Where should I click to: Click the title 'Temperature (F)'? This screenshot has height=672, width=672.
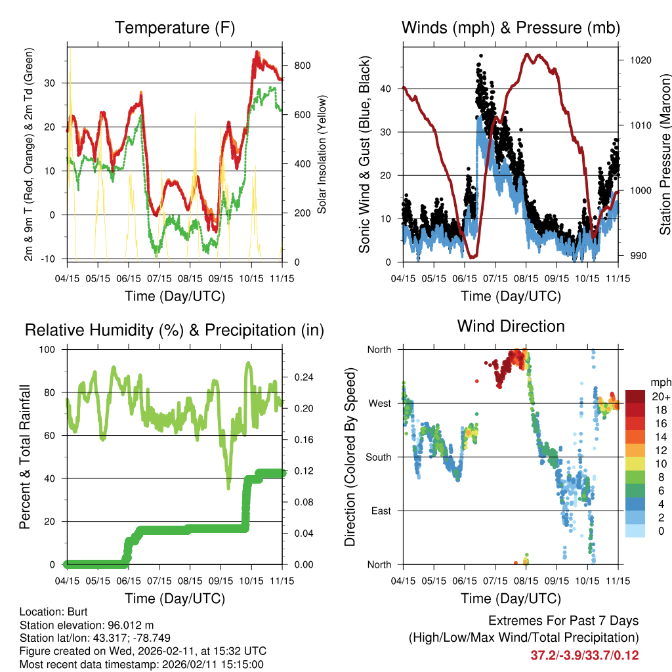click(x=175, y=28)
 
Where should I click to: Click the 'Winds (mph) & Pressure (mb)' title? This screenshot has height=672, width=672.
click(x=511, y=28)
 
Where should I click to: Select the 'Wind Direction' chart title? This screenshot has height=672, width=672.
click(x=511, y=326)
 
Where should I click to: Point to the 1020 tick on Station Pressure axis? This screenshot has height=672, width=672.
click(x=639, y=60)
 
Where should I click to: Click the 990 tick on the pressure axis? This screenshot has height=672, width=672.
click(x=636, y=256)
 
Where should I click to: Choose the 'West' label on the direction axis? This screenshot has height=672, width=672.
click(x=379, y=403)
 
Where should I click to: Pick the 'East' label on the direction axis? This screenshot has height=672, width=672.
click(x=380, y=511)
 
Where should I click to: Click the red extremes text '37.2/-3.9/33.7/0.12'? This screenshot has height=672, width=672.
click(x=585, y=655)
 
